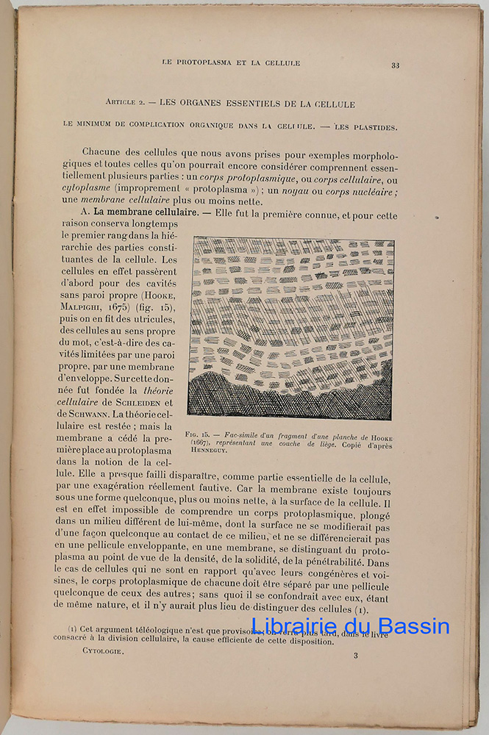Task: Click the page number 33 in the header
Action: [395, 65]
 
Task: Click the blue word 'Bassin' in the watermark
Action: [412, 627]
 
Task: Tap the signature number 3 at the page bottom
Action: [355, 656]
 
